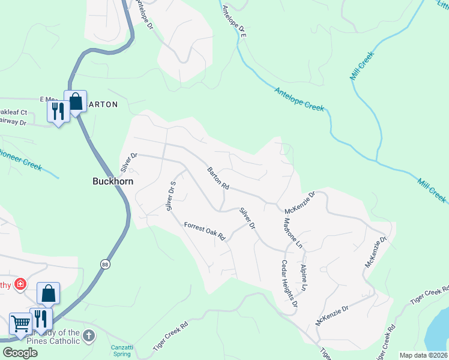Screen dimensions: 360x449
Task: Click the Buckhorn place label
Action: pos(112,181)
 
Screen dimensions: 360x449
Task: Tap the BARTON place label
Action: pos(103,104)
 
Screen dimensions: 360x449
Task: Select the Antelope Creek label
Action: pos(299,99)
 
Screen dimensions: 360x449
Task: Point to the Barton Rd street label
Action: pos(218,178)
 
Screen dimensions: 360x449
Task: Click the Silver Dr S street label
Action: pos(171,196)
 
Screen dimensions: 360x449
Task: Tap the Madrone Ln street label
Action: pos(292,233)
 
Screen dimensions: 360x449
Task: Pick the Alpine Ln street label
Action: pos(304,278)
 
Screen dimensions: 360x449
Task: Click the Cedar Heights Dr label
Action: pos(290,284)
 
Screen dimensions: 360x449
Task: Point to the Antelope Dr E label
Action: pos(234,22)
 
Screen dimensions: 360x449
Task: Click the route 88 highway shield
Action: pos(106,264)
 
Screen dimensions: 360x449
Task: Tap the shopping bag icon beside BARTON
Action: pos(76,101)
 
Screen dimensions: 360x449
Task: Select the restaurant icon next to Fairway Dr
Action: pos(58,112)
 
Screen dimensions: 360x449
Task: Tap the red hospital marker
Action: pos(20,283)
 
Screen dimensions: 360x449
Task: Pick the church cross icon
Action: pos(89,336)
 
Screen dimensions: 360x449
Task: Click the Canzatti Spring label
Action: pos(121,350)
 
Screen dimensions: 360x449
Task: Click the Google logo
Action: pos(20,353)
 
